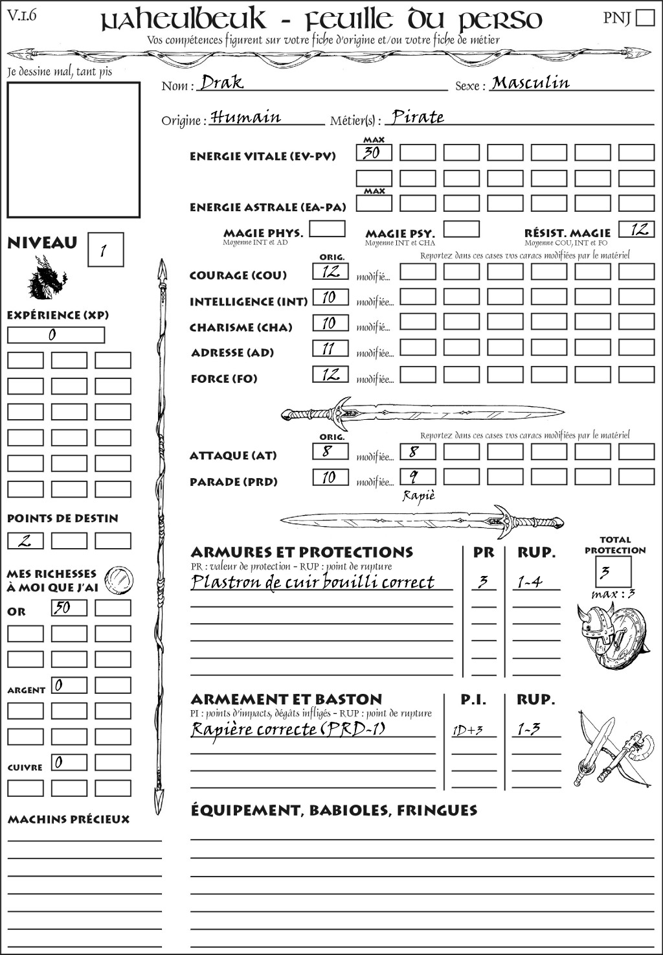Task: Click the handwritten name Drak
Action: coord(222,82)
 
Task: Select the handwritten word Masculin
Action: coord(530,83)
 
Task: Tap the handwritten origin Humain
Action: coord(246,117)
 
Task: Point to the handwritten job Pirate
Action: coord(418,117)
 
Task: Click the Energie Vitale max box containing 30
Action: coord(374,153)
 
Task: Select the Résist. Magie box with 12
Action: coord(636,229)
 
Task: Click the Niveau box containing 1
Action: coord(105,250)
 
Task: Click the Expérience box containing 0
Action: coord(56,335)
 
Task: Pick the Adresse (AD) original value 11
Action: coord(330,349)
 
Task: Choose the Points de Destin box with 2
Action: coord(25,540)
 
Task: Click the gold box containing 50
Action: coord(69,608)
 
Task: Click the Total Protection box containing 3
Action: coord(612,572)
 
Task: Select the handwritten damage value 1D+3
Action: coord(467,730)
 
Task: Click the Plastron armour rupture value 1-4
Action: coord(530,582)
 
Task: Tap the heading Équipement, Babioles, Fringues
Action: coord(333,810)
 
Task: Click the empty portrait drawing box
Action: coord(73,150)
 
